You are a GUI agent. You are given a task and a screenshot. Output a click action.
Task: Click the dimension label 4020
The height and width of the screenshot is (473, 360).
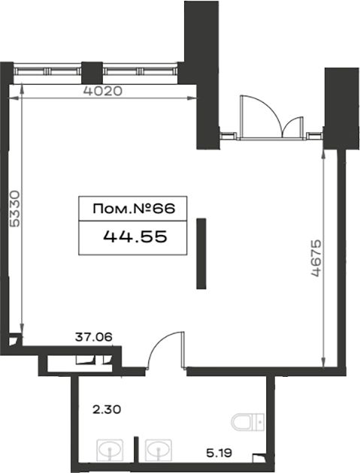pos(103,91)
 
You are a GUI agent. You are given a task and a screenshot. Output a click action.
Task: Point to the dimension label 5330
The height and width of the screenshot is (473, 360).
pos(14,208)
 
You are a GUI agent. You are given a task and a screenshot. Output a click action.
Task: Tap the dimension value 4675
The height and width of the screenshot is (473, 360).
pos(316,258)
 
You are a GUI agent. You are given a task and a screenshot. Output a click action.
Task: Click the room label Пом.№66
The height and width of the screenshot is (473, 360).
pos(134,209)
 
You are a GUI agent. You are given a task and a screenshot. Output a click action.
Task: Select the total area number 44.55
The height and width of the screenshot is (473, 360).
pos(135,236)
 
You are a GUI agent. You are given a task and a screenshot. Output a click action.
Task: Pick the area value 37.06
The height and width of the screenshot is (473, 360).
pos(94,337)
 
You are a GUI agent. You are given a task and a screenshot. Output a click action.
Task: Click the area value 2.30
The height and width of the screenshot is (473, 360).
pos(106,410)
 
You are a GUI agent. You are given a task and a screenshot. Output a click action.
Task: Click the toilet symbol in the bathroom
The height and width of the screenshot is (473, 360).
pos(248,421)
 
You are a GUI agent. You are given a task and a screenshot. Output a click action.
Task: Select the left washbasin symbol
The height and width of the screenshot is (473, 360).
pos(110,450)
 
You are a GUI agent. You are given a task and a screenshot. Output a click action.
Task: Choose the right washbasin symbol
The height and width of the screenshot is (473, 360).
pos(159,450)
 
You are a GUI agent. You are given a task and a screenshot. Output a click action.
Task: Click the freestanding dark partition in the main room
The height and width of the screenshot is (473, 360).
pos(201,254)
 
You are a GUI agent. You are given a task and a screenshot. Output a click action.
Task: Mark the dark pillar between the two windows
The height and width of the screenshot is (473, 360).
pos(92,72)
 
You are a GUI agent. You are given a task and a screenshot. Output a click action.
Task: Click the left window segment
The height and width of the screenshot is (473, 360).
pos(47,71)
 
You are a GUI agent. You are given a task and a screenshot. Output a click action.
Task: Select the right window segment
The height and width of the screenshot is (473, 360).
pos(140,71)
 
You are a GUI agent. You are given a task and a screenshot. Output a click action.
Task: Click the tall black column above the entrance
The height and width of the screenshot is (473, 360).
pos(202,74)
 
